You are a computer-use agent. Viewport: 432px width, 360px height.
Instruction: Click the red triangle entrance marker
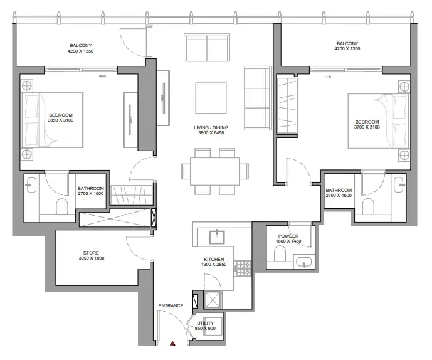(172, 343)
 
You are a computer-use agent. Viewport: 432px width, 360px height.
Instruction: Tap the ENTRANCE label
(171, 305)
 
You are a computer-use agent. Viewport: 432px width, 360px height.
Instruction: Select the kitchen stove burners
(243, 268)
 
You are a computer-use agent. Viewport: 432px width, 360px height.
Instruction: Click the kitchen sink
(216, 237)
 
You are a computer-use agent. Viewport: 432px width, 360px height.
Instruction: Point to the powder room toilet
(280, 253)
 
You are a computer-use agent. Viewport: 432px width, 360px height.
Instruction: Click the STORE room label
(91, 253)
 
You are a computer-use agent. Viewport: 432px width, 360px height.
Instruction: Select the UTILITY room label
(205, 323)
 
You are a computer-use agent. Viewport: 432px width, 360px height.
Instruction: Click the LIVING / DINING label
(211, 127)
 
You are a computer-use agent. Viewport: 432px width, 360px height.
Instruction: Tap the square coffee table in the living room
(211, 98)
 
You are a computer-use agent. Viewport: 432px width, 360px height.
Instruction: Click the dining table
(214, 171)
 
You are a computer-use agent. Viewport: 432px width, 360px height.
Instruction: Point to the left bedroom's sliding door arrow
(102, 76)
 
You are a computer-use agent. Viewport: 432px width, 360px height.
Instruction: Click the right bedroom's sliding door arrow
(328, 77)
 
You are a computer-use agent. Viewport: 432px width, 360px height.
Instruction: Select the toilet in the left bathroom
(62, 206)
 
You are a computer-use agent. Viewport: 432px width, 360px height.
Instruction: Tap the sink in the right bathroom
(399, 184)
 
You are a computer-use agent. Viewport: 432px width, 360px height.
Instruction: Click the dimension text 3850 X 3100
(61, 120)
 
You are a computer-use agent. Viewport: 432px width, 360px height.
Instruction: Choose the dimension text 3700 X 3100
(367, 127)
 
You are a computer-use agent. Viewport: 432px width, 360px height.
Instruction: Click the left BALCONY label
(80, 46)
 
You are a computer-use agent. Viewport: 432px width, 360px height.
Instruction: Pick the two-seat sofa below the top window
(207, 48)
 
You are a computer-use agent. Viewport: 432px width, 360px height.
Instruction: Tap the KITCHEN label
(214, 260)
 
